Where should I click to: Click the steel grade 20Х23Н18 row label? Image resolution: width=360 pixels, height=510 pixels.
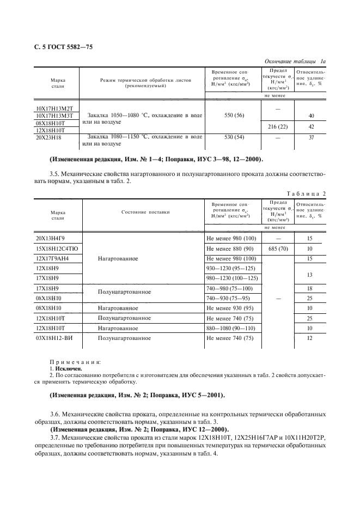(50, 137)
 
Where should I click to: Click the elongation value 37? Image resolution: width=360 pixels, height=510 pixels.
(310, 137)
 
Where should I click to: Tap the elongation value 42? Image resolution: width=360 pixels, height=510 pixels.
(310, 126)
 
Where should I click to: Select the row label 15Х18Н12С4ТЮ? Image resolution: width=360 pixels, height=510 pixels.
(56, 248)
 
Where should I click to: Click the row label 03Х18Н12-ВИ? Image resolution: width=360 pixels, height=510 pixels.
(55, 338)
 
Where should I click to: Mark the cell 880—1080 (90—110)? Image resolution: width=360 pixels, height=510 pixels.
(231, 328)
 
